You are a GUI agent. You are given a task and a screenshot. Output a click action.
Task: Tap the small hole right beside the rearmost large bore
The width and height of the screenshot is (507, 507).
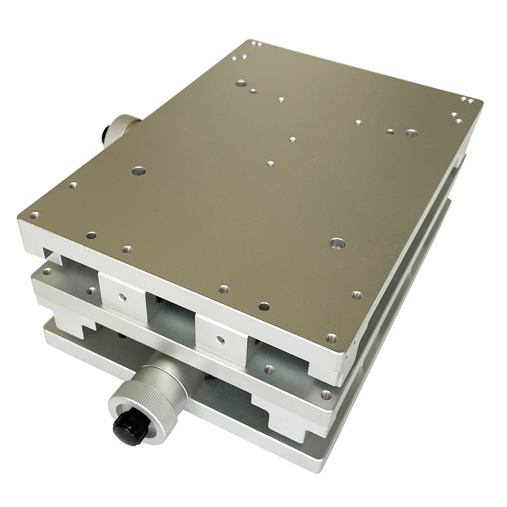252,92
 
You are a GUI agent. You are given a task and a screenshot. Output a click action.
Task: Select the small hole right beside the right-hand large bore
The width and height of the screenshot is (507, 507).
390,131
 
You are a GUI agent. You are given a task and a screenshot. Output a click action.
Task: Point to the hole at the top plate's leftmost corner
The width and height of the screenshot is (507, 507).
34,215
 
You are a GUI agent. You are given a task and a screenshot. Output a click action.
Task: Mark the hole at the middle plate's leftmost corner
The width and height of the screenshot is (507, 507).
47,272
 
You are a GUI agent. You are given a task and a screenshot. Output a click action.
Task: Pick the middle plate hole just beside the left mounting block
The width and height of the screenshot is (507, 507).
92,291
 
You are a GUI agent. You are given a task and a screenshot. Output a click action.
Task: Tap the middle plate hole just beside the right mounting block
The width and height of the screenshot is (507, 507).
269,369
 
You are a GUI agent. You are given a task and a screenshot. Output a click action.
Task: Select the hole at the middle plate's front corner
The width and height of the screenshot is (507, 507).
325,393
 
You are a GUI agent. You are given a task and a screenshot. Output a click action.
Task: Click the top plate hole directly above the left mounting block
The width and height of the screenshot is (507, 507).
127,249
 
